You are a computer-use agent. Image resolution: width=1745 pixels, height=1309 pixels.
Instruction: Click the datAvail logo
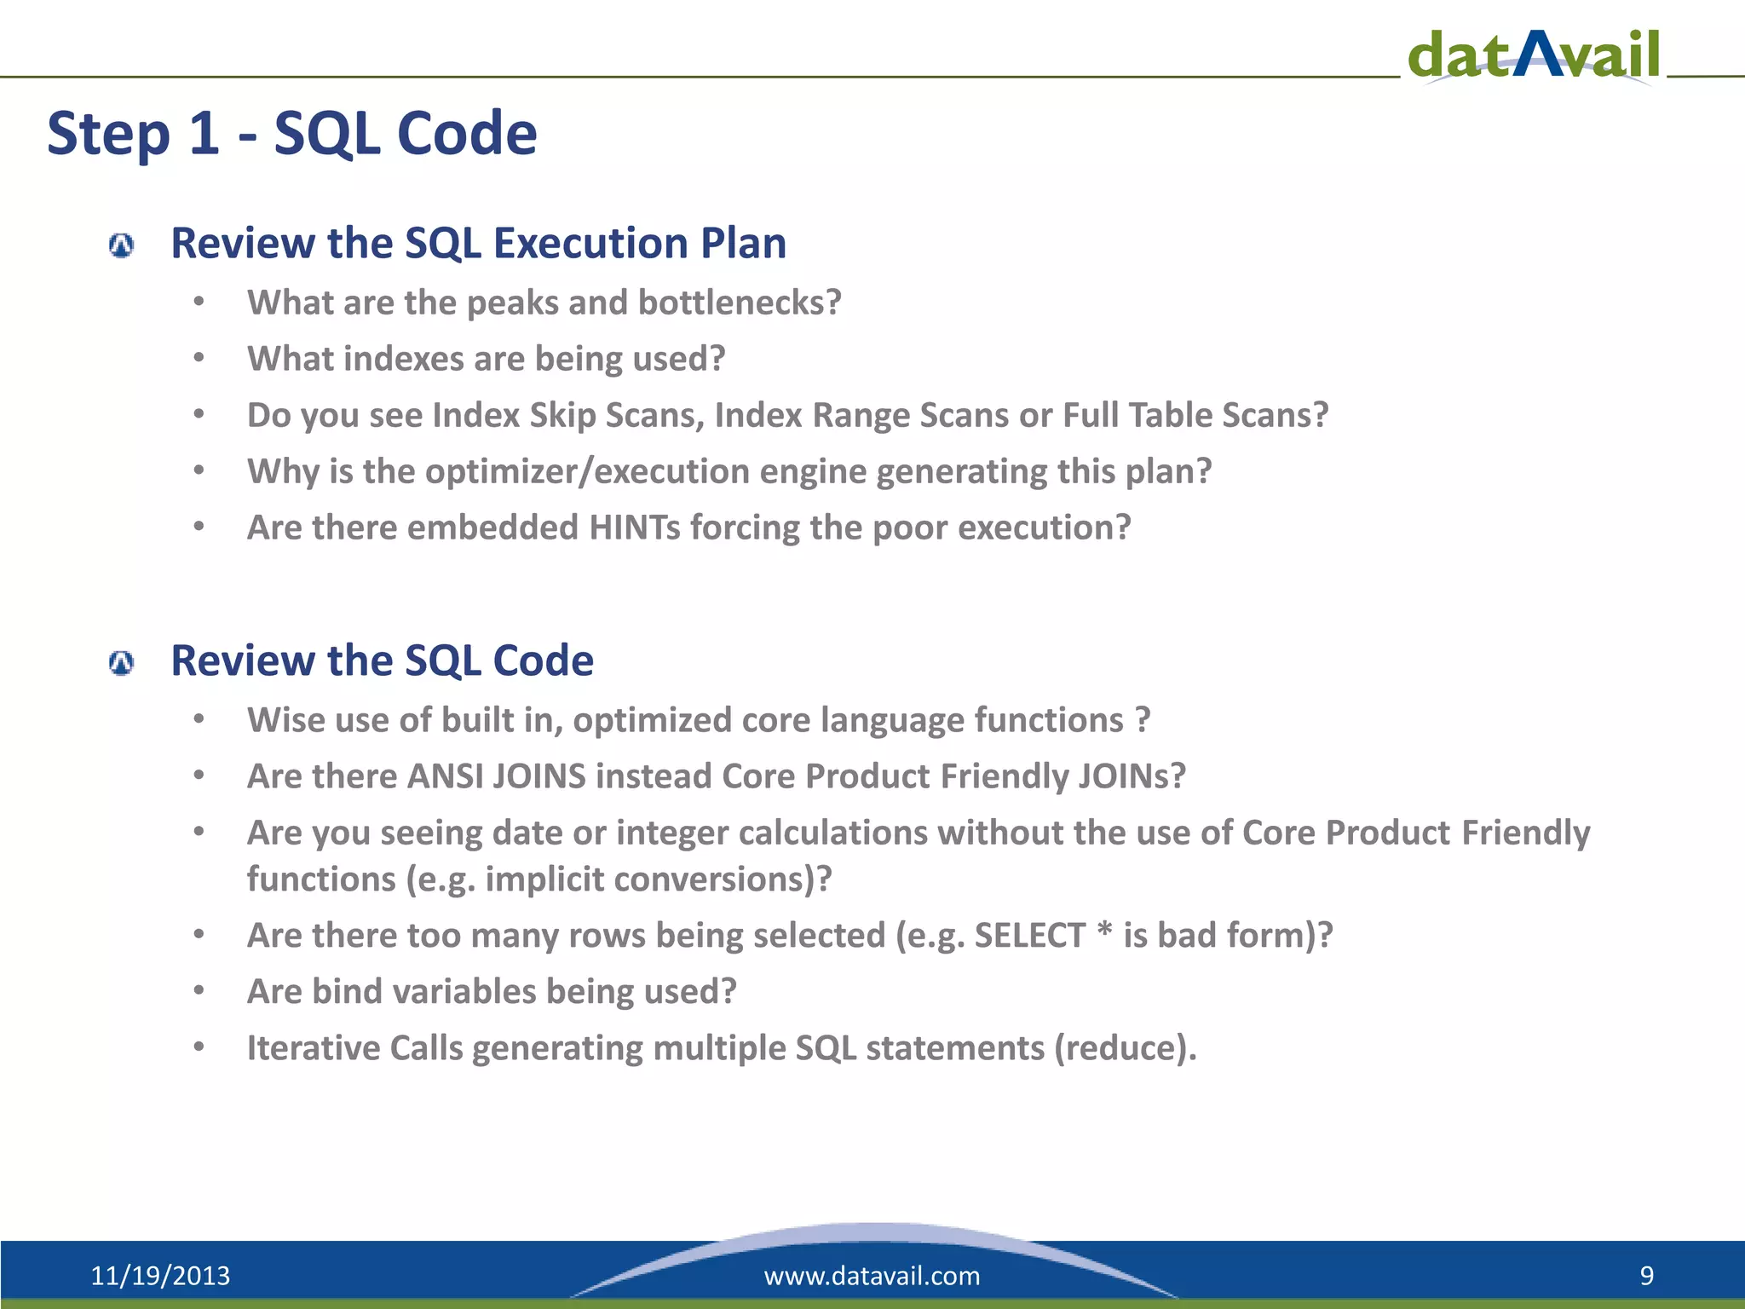click(x=1534, y=55)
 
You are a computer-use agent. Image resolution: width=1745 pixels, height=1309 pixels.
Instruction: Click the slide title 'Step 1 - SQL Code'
click(x=291, y=134)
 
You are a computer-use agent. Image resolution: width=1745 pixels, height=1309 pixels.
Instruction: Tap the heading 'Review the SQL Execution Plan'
click(x=478, y=243)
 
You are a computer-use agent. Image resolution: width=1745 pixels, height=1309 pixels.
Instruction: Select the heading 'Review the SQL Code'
click(x=382, y=660)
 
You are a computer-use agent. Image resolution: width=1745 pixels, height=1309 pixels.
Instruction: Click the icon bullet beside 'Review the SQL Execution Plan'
click(x=122, y=246)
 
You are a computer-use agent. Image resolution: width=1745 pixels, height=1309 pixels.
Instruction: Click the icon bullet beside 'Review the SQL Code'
click(x=122, y=663)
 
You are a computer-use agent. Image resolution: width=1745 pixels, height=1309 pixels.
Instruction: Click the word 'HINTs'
click(x=634, y=528)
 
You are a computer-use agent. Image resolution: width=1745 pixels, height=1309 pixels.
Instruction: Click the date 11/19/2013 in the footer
click(x=160, y=1276)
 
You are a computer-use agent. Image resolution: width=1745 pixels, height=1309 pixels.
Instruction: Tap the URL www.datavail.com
click(x=872, y=1276)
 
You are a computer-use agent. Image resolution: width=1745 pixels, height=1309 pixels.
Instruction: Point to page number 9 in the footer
click(x=1646, y=1276)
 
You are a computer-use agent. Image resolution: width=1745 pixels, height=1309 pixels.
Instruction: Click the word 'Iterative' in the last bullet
click(x=313, y=1047)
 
